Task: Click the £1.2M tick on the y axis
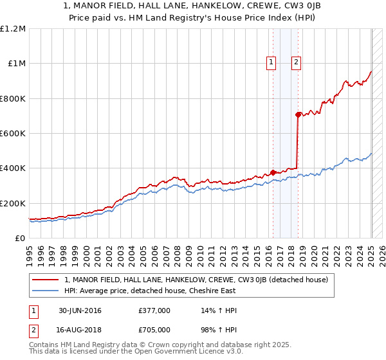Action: [13, 29]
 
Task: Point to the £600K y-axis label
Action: [13, 134]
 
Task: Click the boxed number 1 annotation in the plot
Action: [271, 62]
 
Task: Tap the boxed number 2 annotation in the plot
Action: [296, 62]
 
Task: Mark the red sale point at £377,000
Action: [273, 172]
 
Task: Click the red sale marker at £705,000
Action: [298, 115]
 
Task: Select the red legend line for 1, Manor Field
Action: [45, 280]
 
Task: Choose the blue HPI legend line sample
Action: [45, 291]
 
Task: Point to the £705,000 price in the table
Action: [154, 330]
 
